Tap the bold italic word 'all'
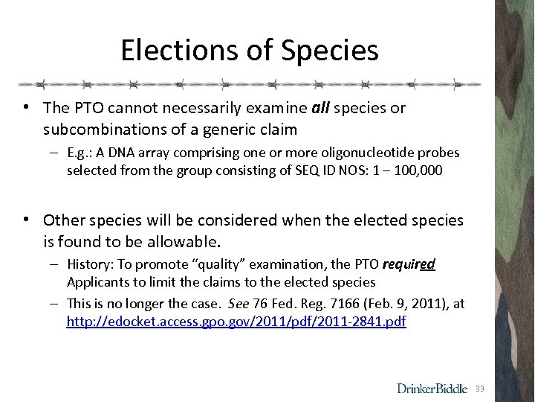[320, 108]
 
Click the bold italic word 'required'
[408, 264]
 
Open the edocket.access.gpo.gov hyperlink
[236, 322]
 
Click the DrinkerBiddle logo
[432, 388]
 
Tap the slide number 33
[479, 389]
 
